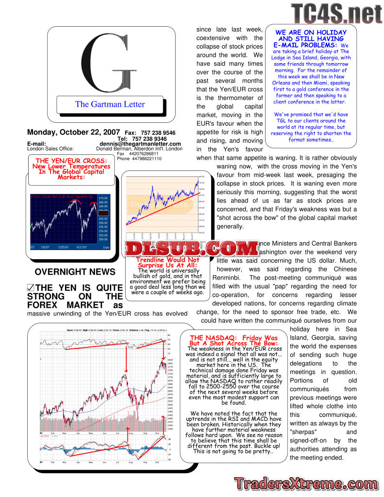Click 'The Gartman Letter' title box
pos(110,104)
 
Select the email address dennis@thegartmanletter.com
pos(140,144)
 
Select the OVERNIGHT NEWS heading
pos(75,272)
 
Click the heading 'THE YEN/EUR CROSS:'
pos(71,161)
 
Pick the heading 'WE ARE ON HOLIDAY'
pos(311,33)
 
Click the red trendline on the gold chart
pos(160,206)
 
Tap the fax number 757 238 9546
pos(157,133)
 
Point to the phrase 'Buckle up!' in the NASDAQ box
pos(264,445)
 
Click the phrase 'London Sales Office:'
pos(50,149)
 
